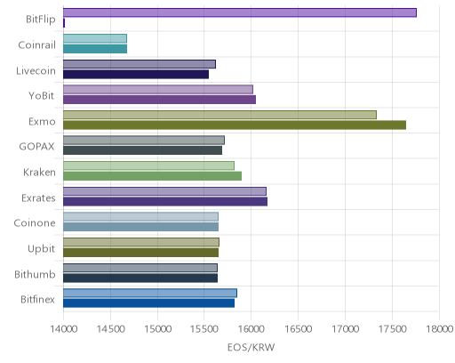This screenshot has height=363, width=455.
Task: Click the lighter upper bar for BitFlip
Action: (240, 12)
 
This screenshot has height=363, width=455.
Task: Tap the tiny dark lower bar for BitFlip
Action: (64, 23)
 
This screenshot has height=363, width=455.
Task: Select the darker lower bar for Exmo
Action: (235, 125)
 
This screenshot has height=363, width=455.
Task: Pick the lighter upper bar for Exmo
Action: (220, 115)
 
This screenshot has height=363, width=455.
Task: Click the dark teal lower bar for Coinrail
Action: (95, 49)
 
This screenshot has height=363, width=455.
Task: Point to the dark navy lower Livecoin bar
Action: (136, 75)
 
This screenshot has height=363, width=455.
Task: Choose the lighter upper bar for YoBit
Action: (158, 90)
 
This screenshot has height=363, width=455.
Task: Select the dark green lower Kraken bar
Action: (152, 176)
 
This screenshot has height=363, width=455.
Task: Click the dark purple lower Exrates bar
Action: (165, 202)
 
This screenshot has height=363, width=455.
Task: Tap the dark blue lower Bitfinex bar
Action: (148, 303)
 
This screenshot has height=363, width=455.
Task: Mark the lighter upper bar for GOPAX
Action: (144, 141)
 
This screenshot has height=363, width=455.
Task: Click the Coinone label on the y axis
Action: (35, 223)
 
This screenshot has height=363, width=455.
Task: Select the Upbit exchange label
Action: (41, 249)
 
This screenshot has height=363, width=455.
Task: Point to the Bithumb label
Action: (35, 274)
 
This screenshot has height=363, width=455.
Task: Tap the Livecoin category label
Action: (36, 71)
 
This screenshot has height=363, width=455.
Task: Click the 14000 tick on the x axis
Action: (64, 329)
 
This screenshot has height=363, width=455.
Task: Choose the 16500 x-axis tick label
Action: (298, 329)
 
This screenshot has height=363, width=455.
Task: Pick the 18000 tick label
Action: (439, 329)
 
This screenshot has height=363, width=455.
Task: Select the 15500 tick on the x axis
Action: (204, 329)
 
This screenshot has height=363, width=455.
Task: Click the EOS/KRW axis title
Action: (251, 347)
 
